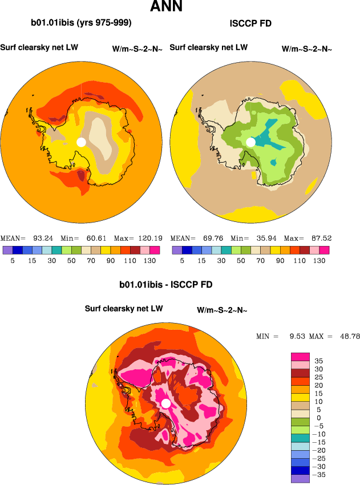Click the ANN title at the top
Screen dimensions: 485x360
point(167,7)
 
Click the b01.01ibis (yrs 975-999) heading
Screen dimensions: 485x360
point(81,23)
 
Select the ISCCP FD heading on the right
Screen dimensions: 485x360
point(250,23)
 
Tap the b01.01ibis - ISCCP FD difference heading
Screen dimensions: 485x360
point(166,284)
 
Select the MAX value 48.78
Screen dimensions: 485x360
point(347,337)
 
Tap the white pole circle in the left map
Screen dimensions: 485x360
point(81,142)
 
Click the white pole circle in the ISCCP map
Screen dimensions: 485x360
point(250,142)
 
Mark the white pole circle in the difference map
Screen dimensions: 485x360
point(166,403)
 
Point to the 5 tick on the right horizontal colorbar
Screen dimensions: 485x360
point(182,260)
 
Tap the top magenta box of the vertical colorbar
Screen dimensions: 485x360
point(300,357)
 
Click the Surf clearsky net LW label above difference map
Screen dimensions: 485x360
point(124,309)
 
